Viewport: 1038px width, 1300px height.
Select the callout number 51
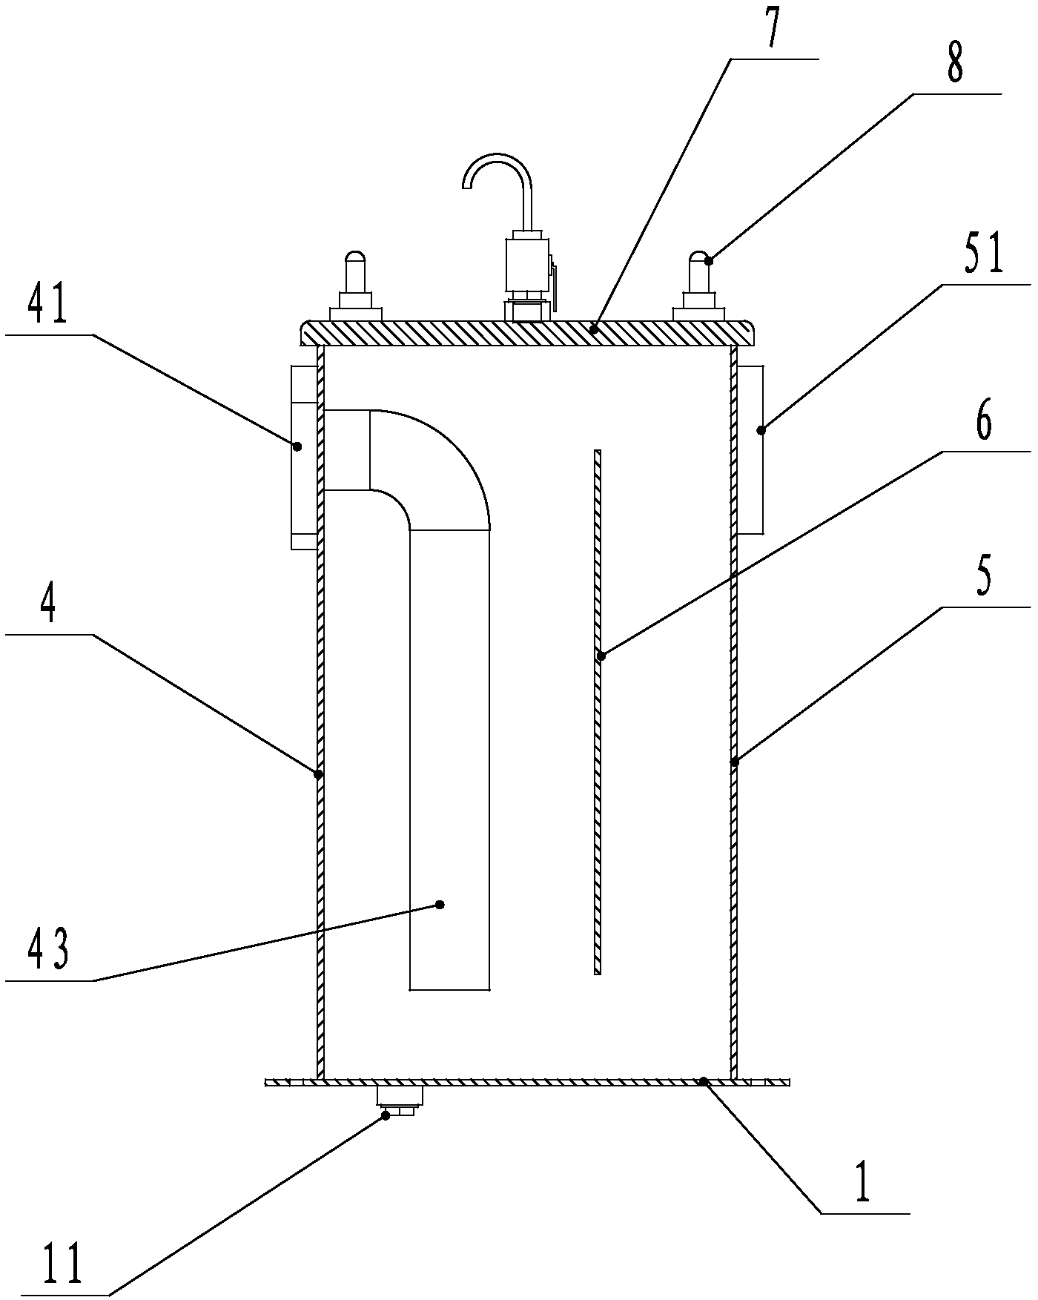coord(984,255)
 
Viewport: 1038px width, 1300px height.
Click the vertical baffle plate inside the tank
coord(598,712)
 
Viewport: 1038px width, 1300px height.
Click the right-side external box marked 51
coord(750,449)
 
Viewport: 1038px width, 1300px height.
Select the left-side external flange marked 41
coord(303,456)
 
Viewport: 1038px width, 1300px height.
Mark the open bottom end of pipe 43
coord(449,988)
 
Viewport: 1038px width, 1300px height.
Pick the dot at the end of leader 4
coord(319,774)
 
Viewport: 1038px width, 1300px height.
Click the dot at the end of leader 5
coord(735,762)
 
